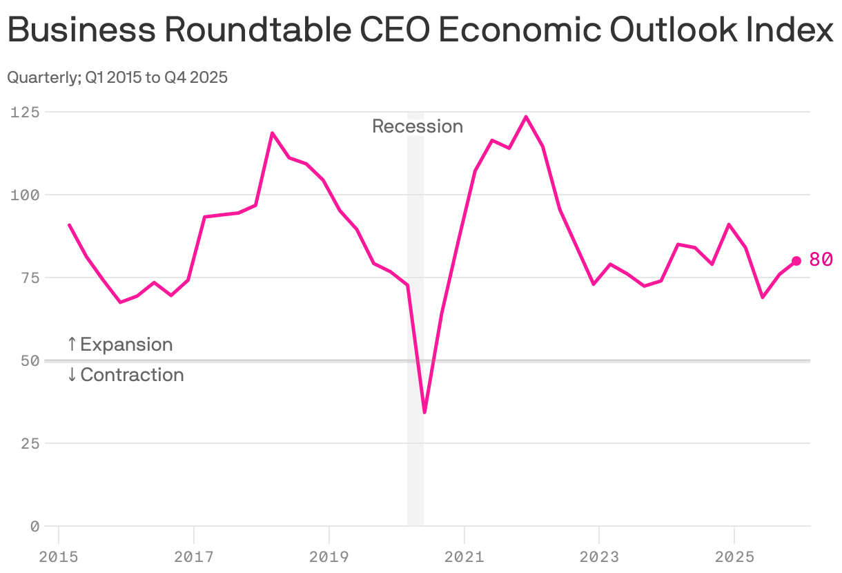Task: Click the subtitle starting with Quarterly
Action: pos(117,77)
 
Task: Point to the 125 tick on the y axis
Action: pos(25,112)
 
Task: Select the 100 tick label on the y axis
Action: pos(25,195)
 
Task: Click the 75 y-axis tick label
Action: pos(29,278)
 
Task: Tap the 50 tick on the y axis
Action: pos(29,360)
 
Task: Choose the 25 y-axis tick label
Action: pos(29,443)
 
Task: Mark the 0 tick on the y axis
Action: pos(34,526)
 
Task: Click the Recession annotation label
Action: pos(417,126)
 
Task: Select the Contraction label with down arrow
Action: pos(125,375)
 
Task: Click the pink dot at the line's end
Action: pos(796,261)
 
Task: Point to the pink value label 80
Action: pos(821,260)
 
